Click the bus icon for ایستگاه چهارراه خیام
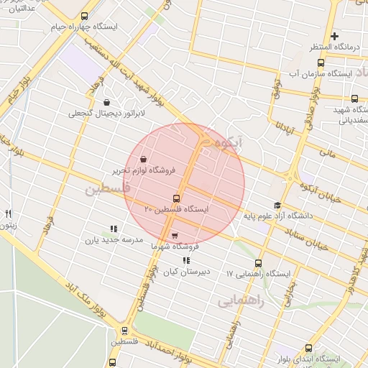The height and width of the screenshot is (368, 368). pyautogui.click(x=85, y=16)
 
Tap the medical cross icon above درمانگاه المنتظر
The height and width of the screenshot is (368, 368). pyautogui.click(x=334, y=36)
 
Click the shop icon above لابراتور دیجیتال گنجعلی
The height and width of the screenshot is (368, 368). pyautogui.click(x=107, y=102)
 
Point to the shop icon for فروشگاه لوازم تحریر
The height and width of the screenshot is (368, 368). pyautogui.click(x=143, y=159)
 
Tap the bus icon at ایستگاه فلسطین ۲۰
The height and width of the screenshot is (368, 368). pyautogui.click(x=176, y=198)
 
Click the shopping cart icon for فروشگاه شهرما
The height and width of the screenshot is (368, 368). pyautogui.click(x=175, y=234)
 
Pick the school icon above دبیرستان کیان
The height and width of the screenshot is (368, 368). pyautogui.click(x=186, y=261)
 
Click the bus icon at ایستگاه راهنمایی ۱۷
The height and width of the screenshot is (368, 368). pyautogui.click(x=259, y=263)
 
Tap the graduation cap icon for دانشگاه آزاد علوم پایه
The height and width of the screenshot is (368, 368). pyautogui.click(x=277, y=205)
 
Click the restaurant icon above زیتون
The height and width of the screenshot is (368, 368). pyautogui.click(x=8, y=213)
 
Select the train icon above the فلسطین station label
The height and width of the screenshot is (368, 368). pyautogui.click(x=125, y=331)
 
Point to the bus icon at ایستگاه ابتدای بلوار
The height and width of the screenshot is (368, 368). pyautogui.click(x=309, y=348)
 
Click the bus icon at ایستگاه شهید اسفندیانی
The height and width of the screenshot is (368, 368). pyautogui.click(x=354, y=98)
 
